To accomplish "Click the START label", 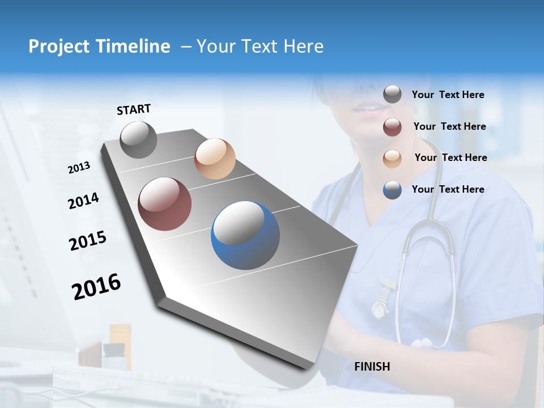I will tap(134, 109).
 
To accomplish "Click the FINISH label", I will tap(372, 367).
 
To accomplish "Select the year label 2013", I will tap(79, 168).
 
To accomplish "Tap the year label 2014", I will tap(83, 201).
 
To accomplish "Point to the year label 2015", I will tap(87, 241).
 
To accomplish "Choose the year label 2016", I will tap(96, 287).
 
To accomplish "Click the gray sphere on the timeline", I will tap(138, 139).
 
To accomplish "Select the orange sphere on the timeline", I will tap(215, 159).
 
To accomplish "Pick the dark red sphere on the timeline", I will tap(165, 204).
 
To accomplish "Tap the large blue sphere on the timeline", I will tap(245, 235).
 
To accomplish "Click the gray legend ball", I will tap(392, 95).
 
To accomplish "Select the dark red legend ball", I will tap(392, 127).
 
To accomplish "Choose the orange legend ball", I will tap(392, 158).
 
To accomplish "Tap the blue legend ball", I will tap(392, 190).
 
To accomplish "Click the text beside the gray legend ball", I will tap(448, 95).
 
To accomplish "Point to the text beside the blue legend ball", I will tap(448, 189).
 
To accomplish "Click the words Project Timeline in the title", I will tap(99, 46).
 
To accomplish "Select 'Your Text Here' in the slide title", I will tap(260, 46).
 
